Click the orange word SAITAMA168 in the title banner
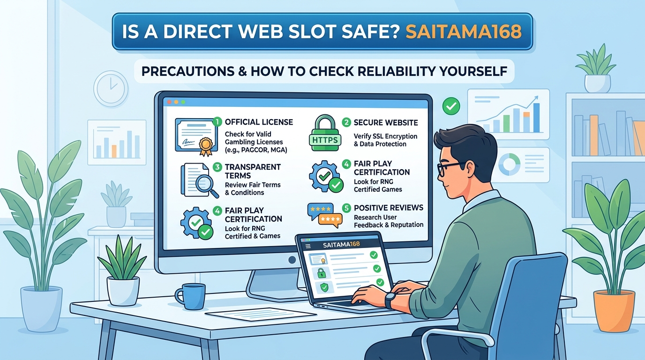[x=463, y=31]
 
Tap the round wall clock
[x=111, y=89]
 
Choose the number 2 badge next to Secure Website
[x=346, y=122]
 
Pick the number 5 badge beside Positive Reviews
[x=346, y=208]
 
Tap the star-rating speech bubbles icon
[x=324, y=216]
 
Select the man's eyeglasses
[x=450, y=168]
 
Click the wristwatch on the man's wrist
[x=390, y=300]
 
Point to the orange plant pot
[x=614, y=311]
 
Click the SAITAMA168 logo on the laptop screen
[x=341, y=245]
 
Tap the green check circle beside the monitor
[x=451, y=106]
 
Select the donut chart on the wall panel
[x=509, y=164]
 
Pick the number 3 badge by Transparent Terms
[x=217, y=167]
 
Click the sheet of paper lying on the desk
[x=261, y=313]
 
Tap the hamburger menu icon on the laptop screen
[x=308, y=246]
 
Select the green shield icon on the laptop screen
[x=324, y=287]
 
